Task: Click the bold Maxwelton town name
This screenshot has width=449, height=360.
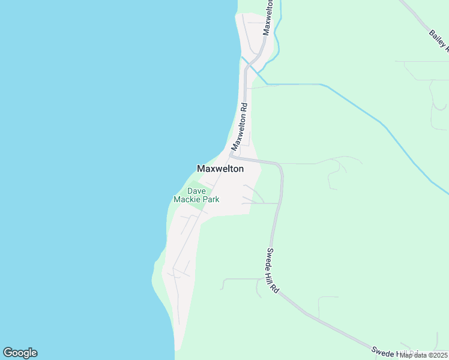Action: click(x=220, y=169)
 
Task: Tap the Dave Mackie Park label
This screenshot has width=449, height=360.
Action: click(x=196, y=195)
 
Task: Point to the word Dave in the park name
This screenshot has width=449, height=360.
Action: click(x=196, y=191)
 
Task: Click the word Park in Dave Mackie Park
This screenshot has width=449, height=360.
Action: click(x=210, y=199)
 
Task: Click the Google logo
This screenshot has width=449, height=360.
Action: click(x=20, y=353)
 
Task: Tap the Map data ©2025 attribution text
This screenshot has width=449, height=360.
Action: click(x=423, y=355)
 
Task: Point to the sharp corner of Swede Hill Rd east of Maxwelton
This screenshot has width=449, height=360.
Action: click(x=279, y=166)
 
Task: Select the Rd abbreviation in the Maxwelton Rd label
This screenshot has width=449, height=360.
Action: click(x=244, y=109)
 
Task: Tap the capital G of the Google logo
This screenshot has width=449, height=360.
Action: click(x=8, y=353)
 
